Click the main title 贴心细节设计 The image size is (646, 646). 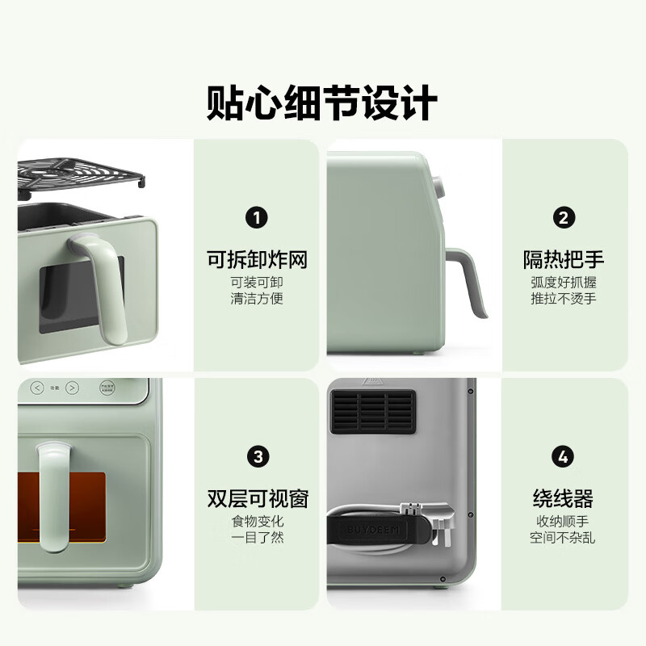pyautogui.click(x=322, y=104)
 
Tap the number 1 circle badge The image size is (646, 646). pyautogui.click(x=257, y=217)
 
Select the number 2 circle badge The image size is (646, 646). pyautogui.click(x=563, y=217)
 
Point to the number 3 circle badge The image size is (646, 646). pyautogui.click(x=257, y=456)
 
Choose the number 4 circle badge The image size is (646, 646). pyautogui.click(x=563, y=456)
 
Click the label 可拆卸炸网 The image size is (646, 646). pyautogui.click(x=257, y=260)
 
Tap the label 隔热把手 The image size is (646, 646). pyautogui.click(x=563, y=260)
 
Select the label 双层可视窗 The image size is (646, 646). pyautogui.click(x=257, y=498)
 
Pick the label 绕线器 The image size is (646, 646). pyautogui.click(x=563, y=498)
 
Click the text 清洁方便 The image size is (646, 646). pyautogui.click(x=257, y=299)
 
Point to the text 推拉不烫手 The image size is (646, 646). pyautogui.click(x=563, y=299)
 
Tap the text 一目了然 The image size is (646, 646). pyautogui.click(x=257, y=538)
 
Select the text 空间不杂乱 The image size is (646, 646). pyautogui.click(x=563, y=538)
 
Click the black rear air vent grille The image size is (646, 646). pyautogui.click(x=372, y=413)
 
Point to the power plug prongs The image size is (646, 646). pyautogui.click(x=412, y=510)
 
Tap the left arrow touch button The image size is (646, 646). pyautogui.click(x=37, y=388)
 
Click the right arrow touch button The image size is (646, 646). pyautogui.click(x=72, y=388)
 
